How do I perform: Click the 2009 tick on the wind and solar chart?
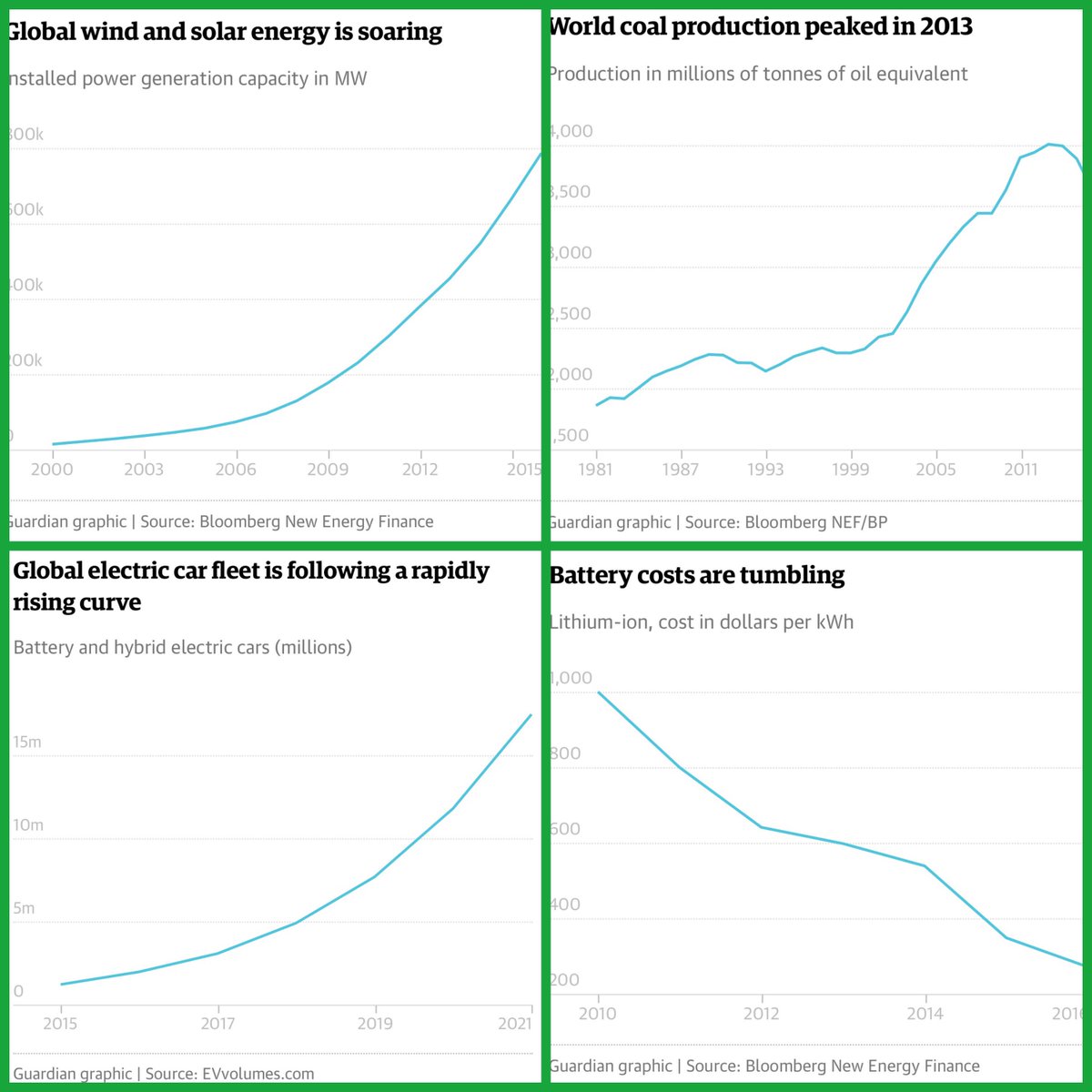pos(328,469)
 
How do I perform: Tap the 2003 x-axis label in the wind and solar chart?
pos(144,469)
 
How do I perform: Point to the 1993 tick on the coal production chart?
pos(765,469)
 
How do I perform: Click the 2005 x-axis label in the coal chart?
pos(935,469)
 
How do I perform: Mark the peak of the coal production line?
pos(1049,144)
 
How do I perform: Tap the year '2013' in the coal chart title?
pos(945,26)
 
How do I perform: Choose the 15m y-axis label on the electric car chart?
pos(27,742)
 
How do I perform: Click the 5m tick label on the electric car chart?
pos(25,908)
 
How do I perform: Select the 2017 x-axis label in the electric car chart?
pos(217,1024)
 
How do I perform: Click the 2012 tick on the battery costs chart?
pos(762,1014)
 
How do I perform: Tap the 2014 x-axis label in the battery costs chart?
pos(925,1014)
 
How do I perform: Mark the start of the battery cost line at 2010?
pos(598,693)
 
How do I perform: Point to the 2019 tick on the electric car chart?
pos(375,1024)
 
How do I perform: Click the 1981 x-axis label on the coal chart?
pos(596,469)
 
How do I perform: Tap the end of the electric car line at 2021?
pos(531,715)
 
